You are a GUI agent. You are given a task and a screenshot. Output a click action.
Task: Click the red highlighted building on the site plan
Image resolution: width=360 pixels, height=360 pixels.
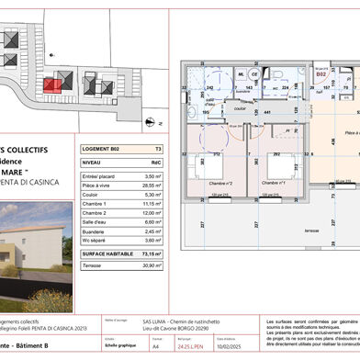tap(56, 84)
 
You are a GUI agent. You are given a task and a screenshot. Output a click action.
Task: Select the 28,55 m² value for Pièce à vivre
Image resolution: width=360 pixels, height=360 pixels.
tap(151, 186)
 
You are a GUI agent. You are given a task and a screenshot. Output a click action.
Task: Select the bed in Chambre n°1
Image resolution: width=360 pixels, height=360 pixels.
tap(284, 167)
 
